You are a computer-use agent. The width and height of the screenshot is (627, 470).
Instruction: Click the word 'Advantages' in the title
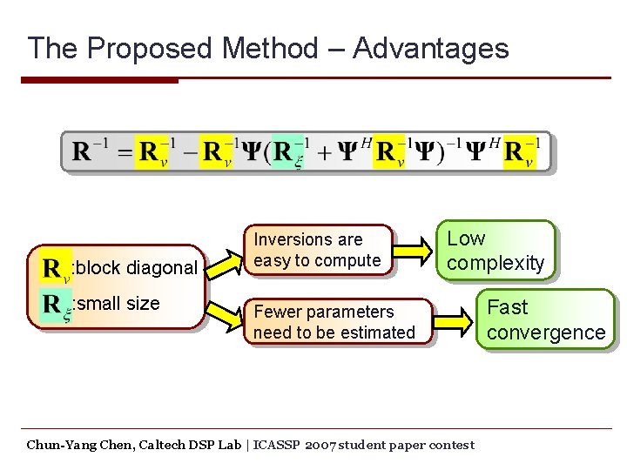431,48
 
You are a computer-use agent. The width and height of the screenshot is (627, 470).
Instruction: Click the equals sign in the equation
125,152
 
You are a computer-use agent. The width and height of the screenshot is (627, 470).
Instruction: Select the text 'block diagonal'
138,268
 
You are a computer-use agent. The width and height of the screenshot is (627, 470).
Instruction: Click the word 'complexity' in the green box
496,263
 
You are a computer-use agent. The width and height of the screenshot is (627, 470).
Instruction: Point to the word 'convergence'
546,332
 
